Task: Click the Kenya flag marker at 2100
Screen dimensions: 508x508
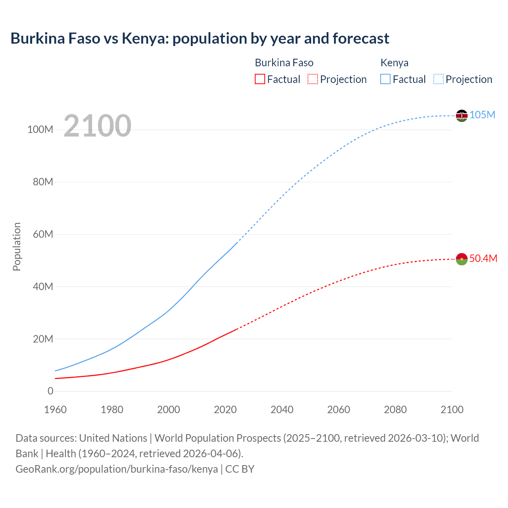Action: (x=462, y=115)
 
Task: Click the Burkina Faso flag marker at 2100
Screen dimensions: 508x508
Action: (x=462, y=259)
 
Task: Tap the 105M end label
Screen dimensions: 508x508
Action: (x=482, y=115)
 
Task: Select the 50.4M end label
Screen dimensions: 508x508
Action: (x=483, y=258)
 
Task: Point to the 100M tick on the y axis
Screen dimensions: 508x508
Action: (x=40, y=130)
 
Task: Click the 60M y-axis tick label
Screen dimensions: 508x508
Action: (x=43, y=234)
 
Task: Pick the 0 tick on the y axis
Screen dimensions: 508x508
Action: (x=50, y=391)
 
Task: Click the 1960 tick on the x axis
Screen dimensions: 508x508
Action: (x=55, y=410)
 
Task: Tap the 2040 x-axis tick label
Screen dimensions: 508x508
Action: (x=282, y=410)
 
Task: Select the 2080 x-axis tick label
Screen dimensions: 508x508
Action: (x=395, y=410)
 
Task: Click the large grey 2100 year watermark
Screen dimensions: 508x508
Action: (x=97, y=125)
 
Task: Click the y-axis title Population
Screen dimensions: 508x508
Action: (x=17, y=246)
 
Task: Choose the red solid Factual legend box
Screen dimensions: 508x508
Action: (x=260, y=79)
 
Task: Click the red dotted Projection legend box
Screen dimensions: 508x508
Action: (x=313, y=79)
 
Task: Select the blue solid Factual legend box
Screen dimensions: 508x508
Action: (x=385, y=79)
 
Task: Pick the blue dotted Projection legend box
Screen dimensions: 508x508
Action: (x=439, y=79)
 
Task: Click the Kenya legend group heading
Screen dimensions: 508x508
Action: (x=394, y=63)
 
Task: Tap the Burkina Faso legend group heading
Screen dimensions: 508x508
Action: (x=284, y=63)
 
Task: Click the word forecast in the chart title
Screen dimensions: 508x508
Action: (x=361, y=38)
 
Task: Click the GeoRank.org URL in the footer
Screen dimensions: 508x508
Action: (x=117, y=469)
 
